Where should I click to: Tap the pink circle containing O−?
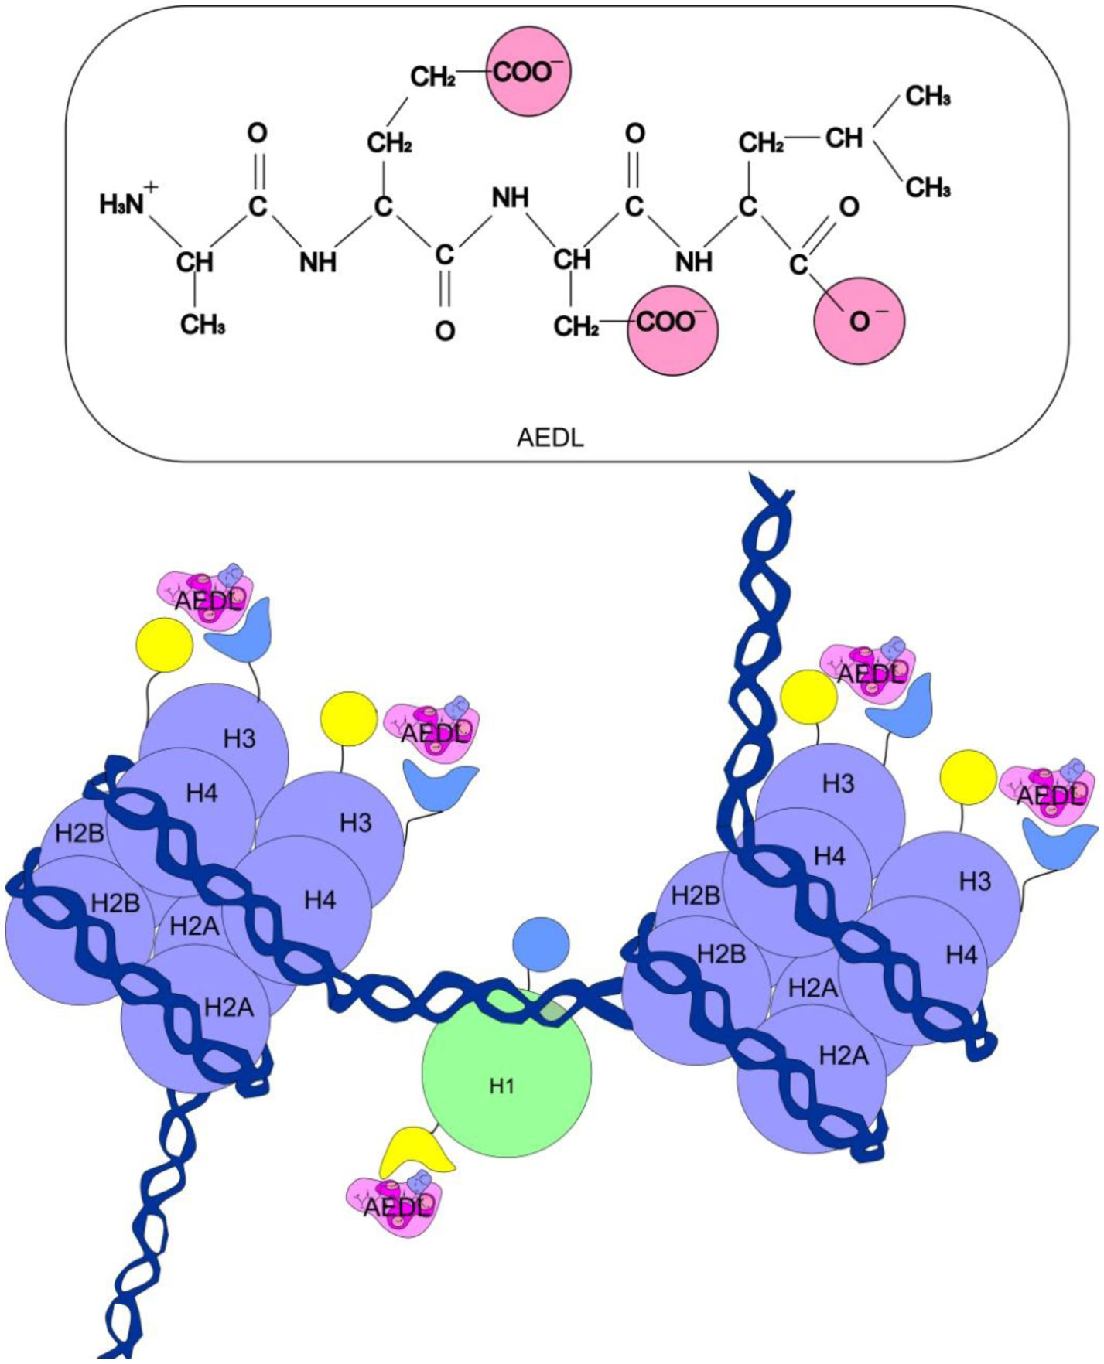859,320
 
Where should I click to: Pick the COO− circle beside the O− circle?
672,330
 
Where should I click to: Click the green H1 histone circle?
506,1072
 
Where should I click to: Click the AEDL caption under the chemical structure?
550,438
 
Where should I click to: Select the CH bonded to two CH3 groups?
843,138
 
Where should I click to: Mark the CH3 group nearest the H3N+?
203,324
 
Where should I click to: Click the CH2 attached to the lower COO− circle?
576,326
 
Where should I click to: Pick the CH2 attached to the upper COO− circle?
432,77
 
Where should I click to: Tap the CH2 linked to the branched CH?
761,143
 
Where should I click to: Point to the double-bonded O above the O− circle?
849,206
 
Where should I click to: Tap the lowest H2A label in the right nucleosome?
843,1055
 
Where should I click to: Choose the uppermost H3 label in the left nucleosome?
239,738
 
